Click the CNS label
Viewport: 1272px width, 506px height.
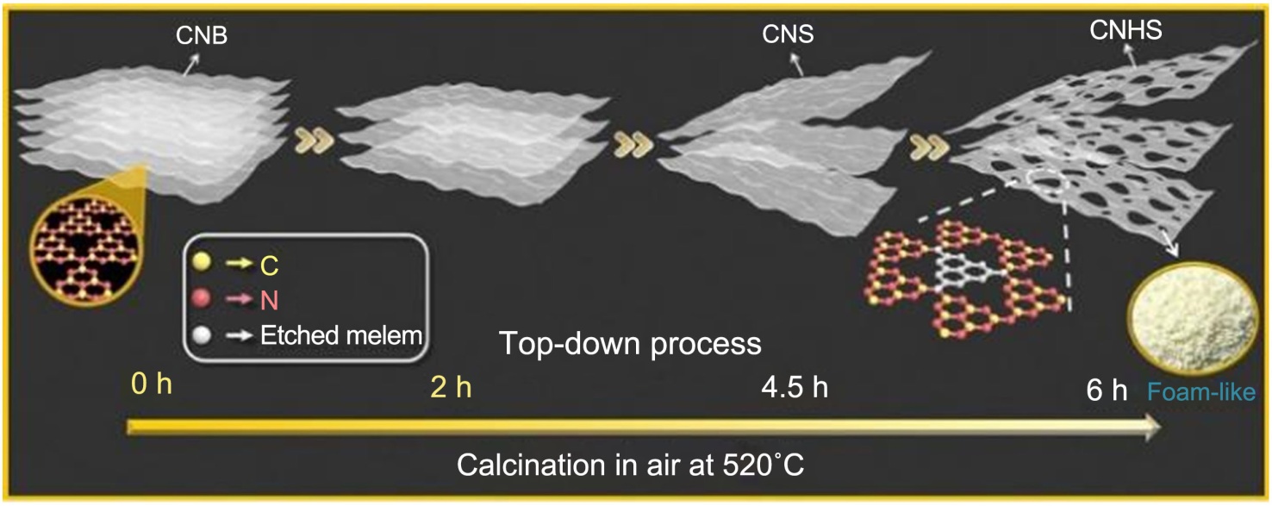(x=788, y=36)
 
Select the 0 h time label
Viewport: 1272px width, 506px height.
(x=152, y=384)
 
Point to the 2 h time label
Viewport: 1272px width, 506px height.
(x=451, y=387)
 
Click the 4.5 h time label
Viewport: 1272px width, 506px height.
(x=794, y=387)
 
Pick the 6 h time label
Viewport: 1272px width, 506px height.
(x=1107, y=390)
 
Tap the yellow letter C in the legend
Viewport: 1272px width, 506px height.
(x=270, y=267)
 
